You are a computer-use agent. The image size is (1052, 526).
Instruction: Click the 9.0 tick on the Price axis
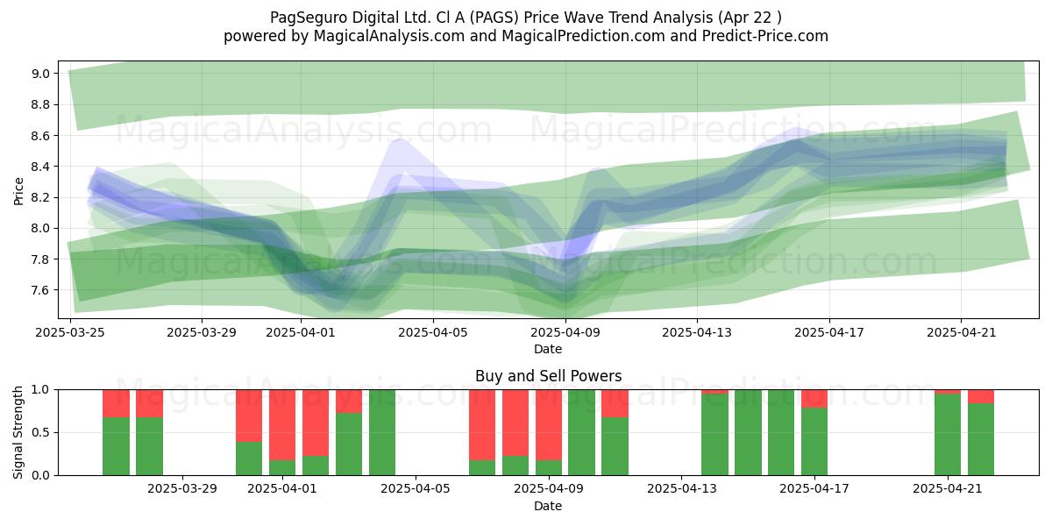pyautogui.click(x=40, y=74)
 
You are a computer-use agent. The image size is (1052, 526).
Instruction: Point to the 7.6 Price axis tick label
pyautogui.click(x=40, y=290)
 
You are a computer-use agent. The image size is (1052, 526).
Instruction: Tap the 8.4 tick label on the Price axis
pyautogui.click(x=40, y=167)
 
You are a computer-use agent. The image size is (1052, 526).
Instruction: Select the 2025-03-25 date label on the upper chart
pyautogui.click(x=70, y=332)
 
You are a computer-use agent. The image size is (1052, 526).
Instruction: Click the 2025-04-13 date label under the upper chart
pyautogui.click(x=697, y=332)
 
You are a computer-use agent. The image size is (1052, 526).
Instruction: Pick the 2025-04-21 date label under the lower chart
pyautogui.click(x=948, y=489)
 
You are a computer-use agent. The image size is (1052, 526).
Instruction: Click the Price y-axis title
pyautogui.click(x=18, y=191)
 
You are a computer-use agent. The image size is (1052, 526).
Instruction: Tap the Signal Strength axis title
pyautogui.click(x=18, y=432)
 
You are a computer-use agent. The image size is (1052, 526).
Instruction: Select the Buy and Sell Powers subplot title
pyautogui.click(x=548, y=376)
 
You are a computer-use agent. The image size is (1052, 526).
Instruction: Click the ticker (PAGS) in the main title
pyautogui.click(x=494, y=18)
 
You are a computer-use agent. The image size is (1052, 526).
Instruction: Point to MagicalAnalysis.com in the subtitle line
pyautogui.click(x=389, y=36)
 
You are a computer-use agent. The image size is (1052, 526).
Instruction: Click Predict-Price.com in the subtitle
pyautogui.click(x=765, y=36)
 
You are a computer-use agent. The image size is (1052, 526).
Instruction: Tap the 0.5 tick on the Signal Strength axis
pyautogui.click(x=40, y=432)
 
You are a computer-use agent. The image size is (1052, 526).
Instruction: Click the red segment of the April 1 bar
pyautogui.click(x=282, y=425)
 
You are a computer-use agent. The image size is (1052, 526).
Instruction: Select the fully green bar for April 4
pyautogui.click(x=382, y=432)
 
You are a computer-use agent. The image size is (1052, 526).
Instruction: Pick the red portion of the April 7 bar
pyautogui.click(x=482, y=425)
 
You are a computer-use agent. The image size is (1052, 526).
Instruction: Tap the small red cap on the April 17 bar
pyautogui.click(x=814, y=399)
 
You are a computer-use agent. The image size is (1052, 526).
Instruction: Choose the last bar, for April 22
pyautogui.click(x=981, y=432)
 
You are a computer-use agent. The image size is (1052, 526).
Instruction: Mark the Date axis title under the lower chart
pyautogui.click(x=548, y=506)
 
